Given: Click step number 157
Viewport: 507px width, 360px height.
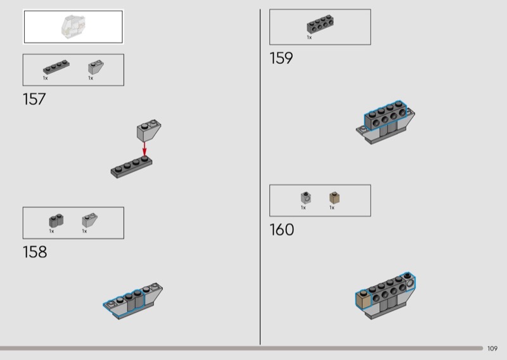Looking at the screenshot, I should point(34,99).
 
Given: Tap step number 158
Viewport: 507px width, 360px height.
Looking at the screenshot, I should point(35,252).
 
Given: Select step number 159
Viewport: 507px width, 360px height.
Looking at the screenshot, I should point(281,58).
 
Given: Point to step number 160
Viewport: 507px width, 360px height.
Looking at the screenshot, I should point(282,229).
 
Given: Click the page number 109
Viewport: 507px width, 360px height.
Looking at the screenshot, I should point(492,348).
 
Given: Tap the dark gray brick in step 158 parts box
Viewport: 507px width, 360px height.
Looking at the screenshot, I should point(55,221).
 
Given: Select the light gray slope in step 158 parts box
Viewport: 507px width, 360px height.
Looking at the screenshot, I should point(89,220).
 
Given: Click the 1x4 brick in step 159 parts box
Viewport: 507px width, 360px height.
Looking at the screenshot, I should point(321,24).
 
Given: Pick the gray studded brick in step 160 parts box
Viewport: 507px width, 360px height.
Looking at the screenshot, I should point(305,198).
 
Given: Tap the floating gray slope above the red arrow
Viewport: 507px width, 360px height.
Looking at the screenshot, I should point(147,131).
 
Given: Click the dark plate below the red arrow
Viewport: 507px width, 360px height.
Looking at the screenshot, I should point(134,166).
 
